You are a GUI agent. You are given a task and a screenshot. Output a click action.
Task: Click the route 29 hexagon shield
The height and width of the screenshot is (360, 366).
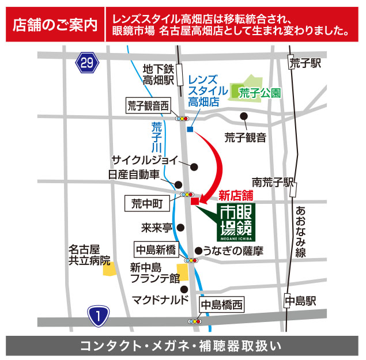(x=86, y=62)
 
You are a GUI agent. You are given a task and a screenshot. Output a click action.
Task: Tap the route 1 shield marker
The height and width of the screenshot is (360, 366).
(x=99, y=315)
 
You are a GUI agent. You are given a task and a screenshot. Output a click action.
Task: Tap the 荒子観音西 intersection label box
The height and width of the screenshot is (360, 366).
(x=149, y=105)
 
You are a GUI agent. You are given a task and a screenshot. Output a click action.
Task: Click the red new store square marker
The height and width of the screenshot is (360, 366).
(x=195, y=202)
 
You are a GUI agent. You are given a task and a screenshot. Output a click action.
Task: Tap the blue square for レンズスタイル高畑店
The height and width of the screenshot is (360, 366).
(x=190, y=129)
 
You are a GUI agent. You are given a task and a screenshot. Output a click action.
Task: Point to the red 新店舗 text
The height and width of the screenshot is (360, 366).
(x=236, y=195)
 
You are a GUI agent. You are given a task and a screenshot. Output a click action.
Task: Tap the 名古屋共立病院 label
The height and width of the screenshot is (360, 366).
(x=89, y=255)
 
